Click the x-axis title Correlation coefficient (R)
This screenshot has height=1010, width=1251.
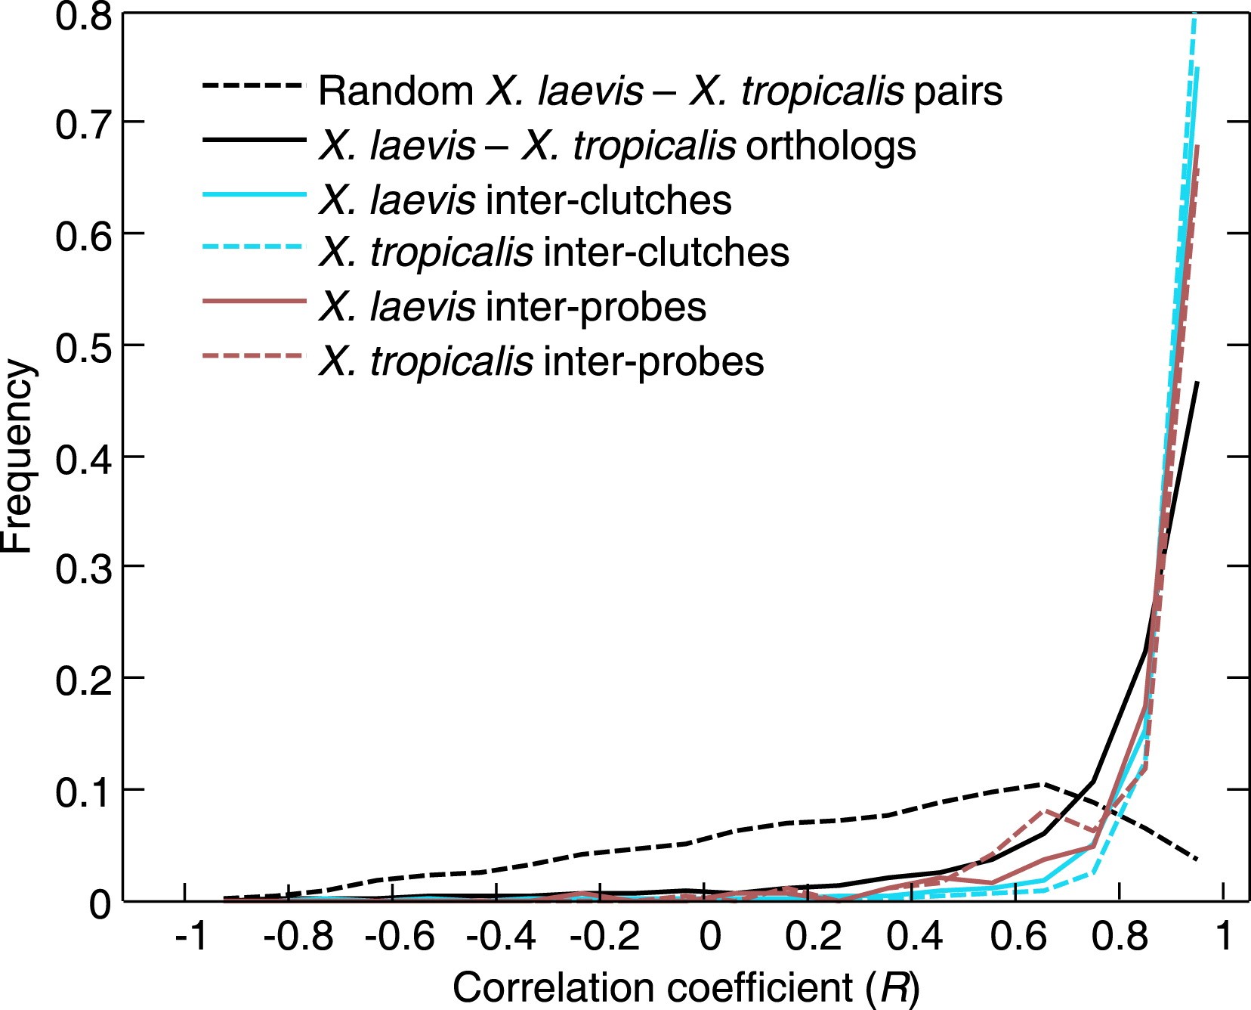(686, 988)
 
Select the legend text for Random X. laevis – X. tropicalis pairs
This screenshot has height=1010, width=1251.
(660, 91)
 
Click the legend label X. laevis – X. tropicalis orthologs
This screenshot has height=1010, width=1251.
(617, 145)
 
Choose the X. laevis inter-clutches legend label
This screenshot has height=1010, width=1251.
(525, 200)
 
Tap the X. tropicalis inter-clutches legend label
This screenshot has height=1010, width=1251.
(554, 253)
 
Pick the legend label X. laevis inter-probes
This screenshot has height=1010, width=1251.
(512, 307)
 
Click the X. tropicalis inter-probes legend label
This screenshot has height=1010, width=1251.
(541, 361)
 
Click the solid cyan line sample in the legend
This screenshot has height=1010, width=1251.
(254, 195)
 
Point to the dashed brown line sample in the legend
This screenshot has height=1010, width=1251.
(254, 355)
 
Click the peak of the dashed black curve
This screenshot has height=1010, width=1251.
(1044, 784)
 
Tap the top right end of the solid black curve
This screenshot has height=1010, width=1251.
(1197, 383)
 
